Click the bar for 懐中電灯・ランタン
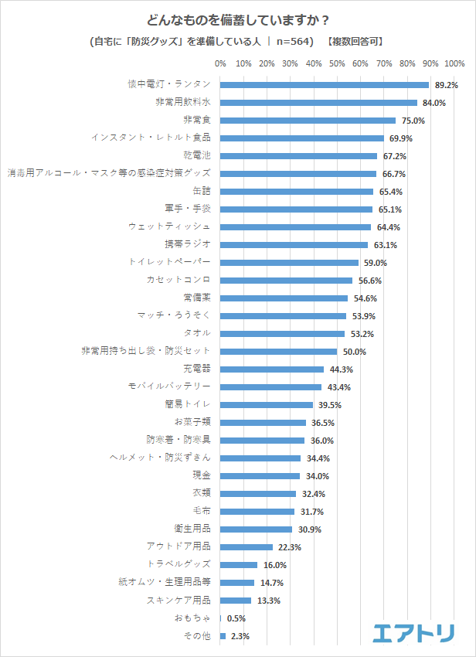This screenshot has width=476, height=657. point(325,85)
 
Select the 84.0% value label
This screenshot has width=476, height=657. point(433,103)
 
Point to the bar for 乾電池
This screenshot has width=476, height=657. point(298,155)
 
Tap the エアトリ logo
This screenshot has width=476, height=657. point(413,633)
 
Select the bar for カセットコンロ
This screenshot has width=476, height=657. point(286,280)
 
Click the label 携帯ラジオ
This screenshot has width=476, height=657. point(190,244)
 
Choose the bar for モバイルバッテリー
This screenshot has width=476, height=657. point(270,386)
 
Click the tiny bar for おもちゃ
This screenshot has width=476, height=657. point(221,618)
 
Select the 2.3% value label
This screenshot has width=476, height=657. point(239,636)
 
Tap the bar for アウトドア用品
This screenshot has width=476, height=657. point(246,546)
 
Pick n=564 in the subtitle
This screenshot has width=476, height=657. point(294,42)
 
